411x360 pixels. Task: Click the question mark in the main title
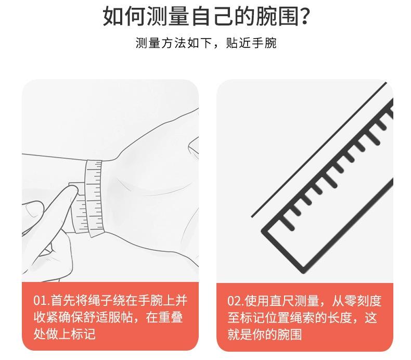click(x=304, y=16)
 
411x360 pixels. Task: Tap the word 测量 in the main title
click(x=168, y=16)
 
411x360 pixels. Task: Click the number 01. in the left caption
click(x=42, y=301)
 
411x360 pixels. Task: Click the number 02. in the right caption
click(x=236, y=301)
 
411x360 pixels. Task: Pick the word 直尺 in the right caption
click(x=281, y=301)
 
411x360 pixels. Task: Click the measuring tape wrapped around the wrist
click(x=95, y=199)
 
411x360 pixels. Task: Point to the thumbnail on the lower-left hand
click(x=32, y=210)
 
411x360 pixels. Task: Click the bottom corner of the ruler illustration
click(x=303, y=272)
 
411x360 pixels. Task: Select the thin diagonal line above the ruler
click(x=319, y=150)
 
